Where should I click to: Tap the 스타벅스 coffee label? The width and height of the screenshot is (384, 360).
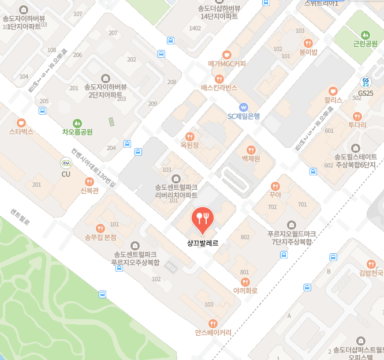(21, 132)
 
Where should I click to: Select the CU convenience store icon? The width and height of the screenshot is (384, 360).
(66, 163)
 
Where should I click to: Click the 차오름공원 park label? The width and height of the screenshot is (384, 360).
(77, 132)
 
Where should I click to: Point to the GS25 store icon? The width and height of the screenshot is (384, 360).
(366, 82)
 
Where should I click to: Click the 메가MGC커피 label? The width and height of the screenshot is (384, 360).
(227, 64)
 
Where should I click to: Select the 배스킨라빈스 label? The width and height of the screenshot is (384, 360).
(219, 88)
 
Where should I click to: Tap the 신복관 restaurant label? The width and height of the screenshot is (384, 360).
(89, 191)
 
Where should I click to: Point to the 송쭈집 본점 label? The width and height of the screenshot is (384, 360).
(100, 237)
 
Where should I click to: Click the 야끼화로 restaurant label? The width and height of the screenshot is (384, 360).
(245, 291)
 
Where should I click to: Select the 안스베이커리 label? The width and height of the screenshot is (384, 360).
(213, 332)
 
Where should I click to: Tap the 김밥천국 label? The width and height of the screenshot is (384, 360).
(371, 273)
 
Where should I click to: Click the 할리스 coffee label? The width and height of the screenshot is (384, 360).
(333, 100)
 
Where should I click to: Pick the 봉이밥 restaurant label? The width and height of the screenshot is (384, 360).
(308, 52)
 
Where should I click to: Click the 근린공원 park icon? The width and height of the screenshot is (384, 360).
(364, 35)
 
